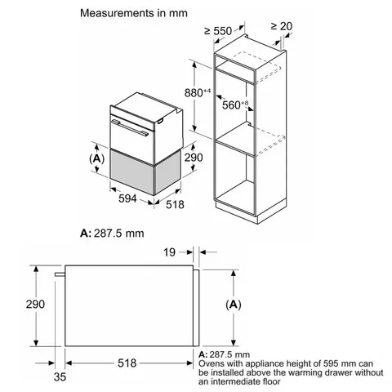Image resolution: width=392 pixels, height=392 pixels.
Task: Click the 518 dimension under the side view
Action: pyautogui.click(x=125, y=361)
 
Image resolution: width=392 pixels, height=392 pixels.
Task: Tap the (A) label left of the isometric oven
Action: pyautogui.click(x=96, y=157)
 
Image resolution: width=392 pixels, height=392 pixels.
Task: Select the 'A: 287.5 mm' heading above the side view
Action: pyautogui.click(x=113, y=233)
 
